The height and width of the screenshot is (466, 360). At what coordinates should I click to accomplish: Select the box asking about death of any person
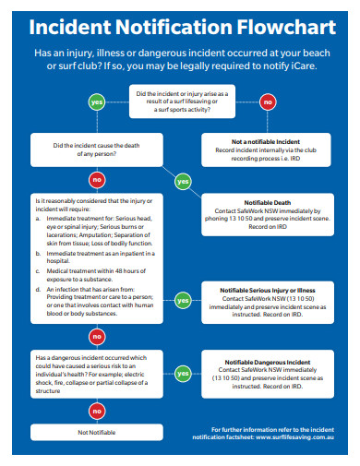[x=96, y=148]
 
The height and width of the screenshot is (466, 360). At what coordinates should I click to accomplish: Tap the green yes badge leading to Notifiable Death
[x=183, y=181]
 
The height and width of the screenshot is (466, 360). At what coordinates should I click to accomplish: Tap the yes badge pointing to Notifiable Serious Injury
[x=183, y=300]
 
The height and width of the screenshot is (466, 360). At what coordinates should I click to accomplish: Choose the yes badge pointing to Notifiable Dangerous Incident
[x=183, y=374]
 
